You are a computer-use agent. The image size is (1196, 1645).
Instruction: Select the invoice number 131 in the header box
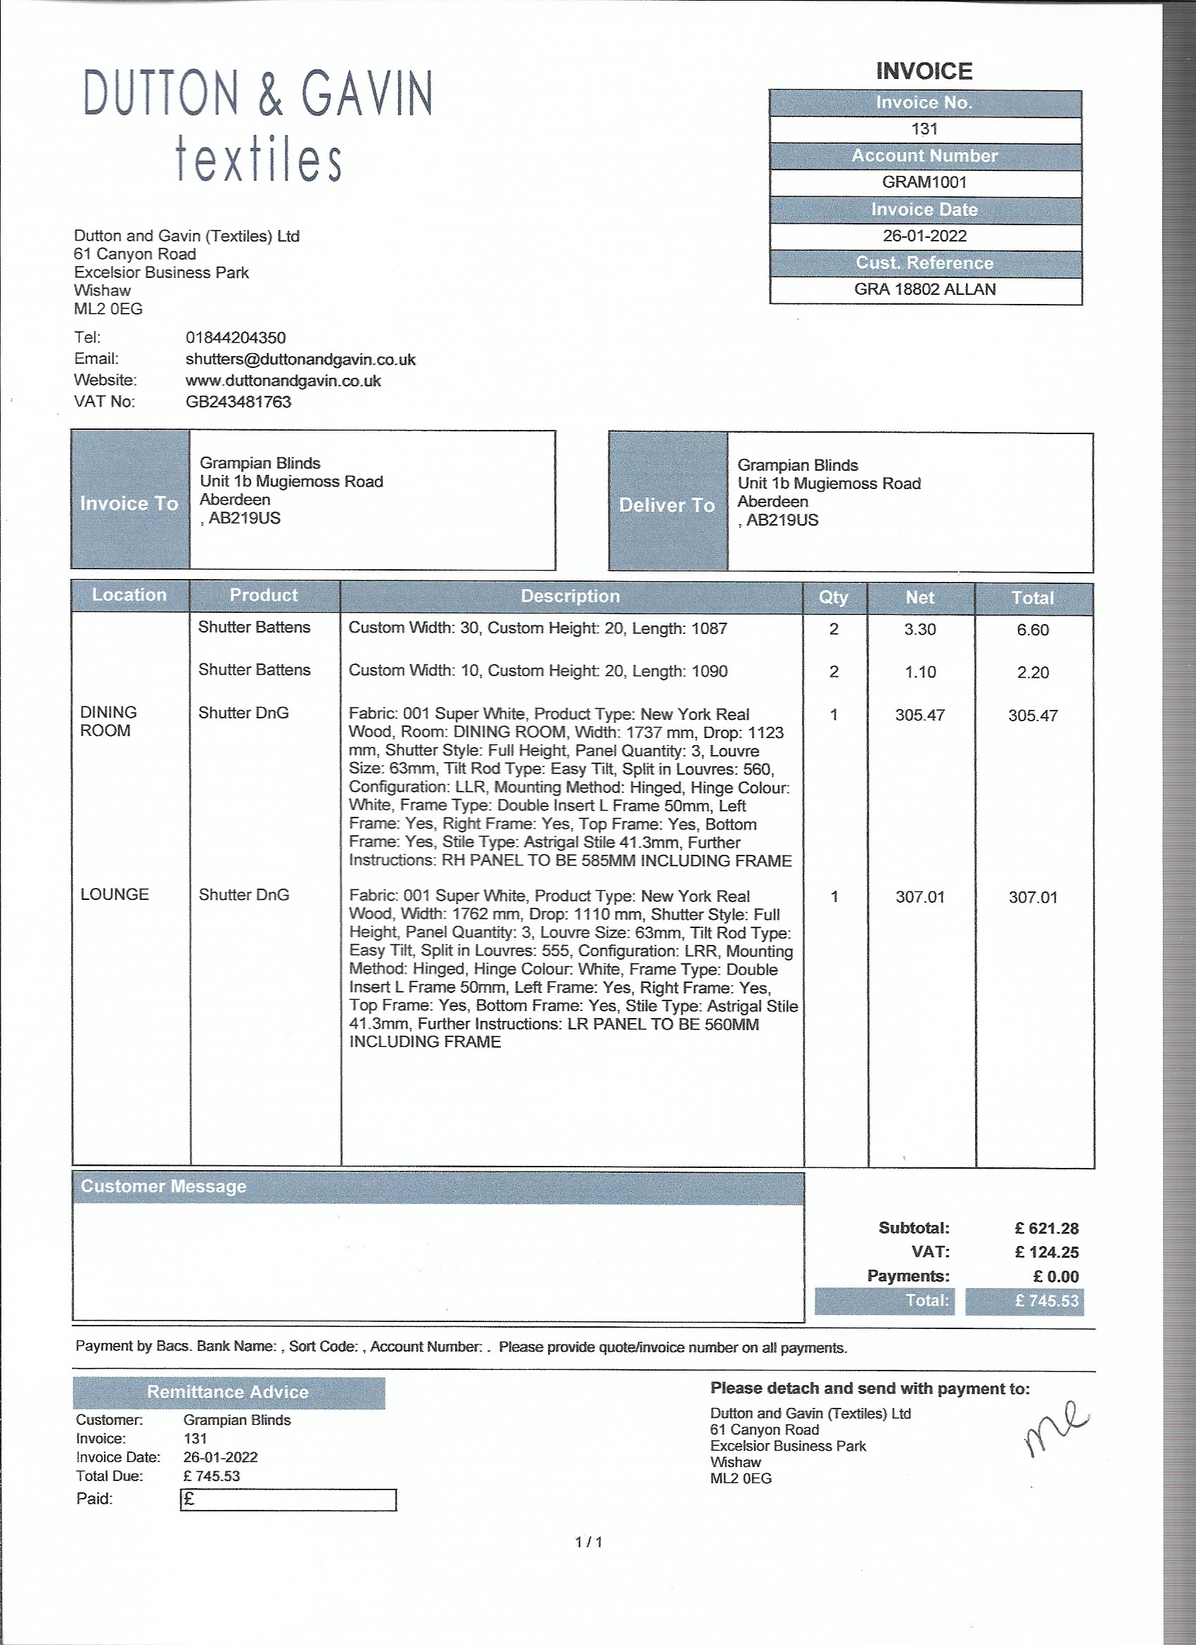click(924, 129)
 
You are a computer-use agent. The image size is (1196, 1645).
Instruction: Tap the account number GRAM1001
click(924, 182)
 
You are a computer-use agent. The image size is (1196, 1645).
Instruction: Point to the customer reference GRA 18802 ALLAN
click(924, 289)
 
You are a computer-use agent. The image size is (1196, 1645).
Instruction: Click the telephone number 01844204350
click(236, 338)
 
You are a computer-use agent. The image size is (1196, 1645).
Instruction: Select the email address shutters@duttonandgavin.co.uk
click(300, 360)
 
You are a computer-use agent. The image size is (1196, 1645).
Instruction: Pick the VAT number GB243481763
click(238, 402)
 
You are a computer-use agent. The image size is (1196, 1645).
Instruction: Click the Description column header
click(570, 596)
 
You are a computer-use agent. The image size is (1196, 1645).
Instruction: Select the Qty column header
click(834, 597)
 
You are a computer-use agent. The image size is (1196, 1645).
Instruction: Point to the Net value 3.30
click(920, 630)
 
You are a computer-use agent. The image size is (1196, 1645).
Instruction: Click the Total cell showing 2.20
click(1032, 673)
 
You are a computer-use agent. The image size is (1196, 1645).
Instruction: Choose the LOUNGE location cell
click(115, 894)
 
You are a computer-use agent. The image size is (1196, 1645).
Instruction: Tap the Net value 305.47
click(920, 715)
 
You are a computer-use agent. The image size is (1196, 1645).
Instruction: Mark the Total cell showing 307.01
click(1033, 897)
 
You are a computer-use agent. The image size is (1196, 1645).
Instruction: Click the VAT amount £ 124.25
click(1047, 1252)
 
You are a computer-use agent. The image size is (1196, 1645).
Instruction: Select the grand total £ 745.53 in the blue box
click(1046, 1301)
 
